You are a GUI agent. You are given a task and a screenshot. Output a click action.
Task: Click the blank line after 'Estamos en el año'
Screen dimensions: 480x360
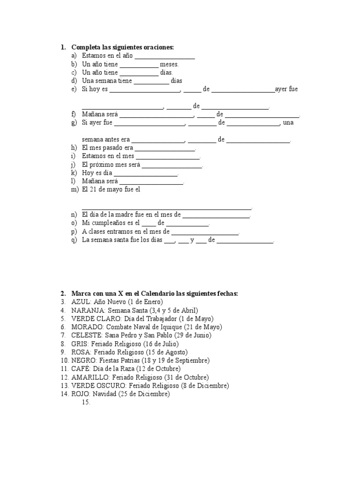pos(165,56)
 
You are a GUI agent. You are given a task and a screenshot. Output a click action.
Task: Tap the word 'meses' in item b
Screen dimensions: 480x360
pos(169,64)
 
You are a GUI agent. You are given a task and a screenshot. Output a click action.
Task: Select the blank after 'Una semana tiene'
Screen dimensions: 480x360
pos(151,81)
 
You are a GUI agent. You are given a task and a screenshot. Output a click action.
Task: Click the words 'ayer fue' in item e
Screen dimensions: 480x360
pos(286,89)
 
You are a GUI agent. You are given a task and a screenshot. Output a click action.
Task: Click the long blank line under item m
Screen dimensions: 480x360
pos(166,207)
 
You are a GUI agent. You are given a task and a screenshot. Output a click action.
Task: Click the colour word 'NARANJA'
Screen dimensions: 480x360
pos(88,310)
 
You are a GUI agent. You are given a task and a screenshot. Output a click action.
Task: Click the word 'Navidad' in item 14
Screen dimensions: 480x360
pos(104,395)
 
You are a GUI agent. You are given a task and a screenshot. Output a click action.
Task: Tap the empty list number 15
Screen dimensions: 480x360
pos(86,403)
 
